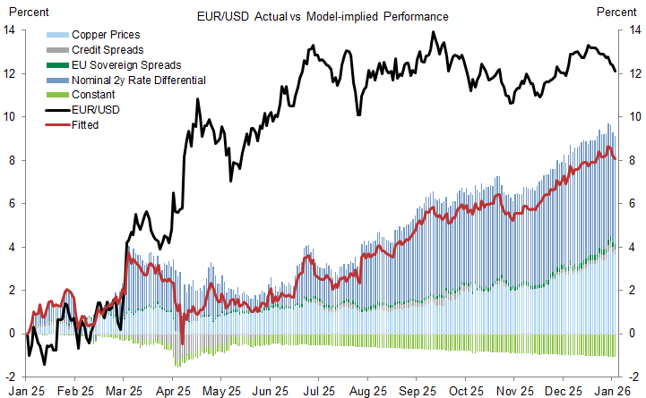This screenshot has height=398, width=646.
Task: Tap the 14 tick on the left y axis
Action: click(x=10, y=30)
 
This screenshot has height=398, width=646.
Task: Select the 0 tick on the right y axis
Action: click(x=627, y=334)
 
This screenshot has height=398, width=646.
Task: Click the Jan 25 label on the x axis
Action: click(x=28, y=391)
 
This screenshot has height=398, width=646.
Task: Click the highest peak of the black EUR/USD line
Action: click(x=434, y=32)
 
